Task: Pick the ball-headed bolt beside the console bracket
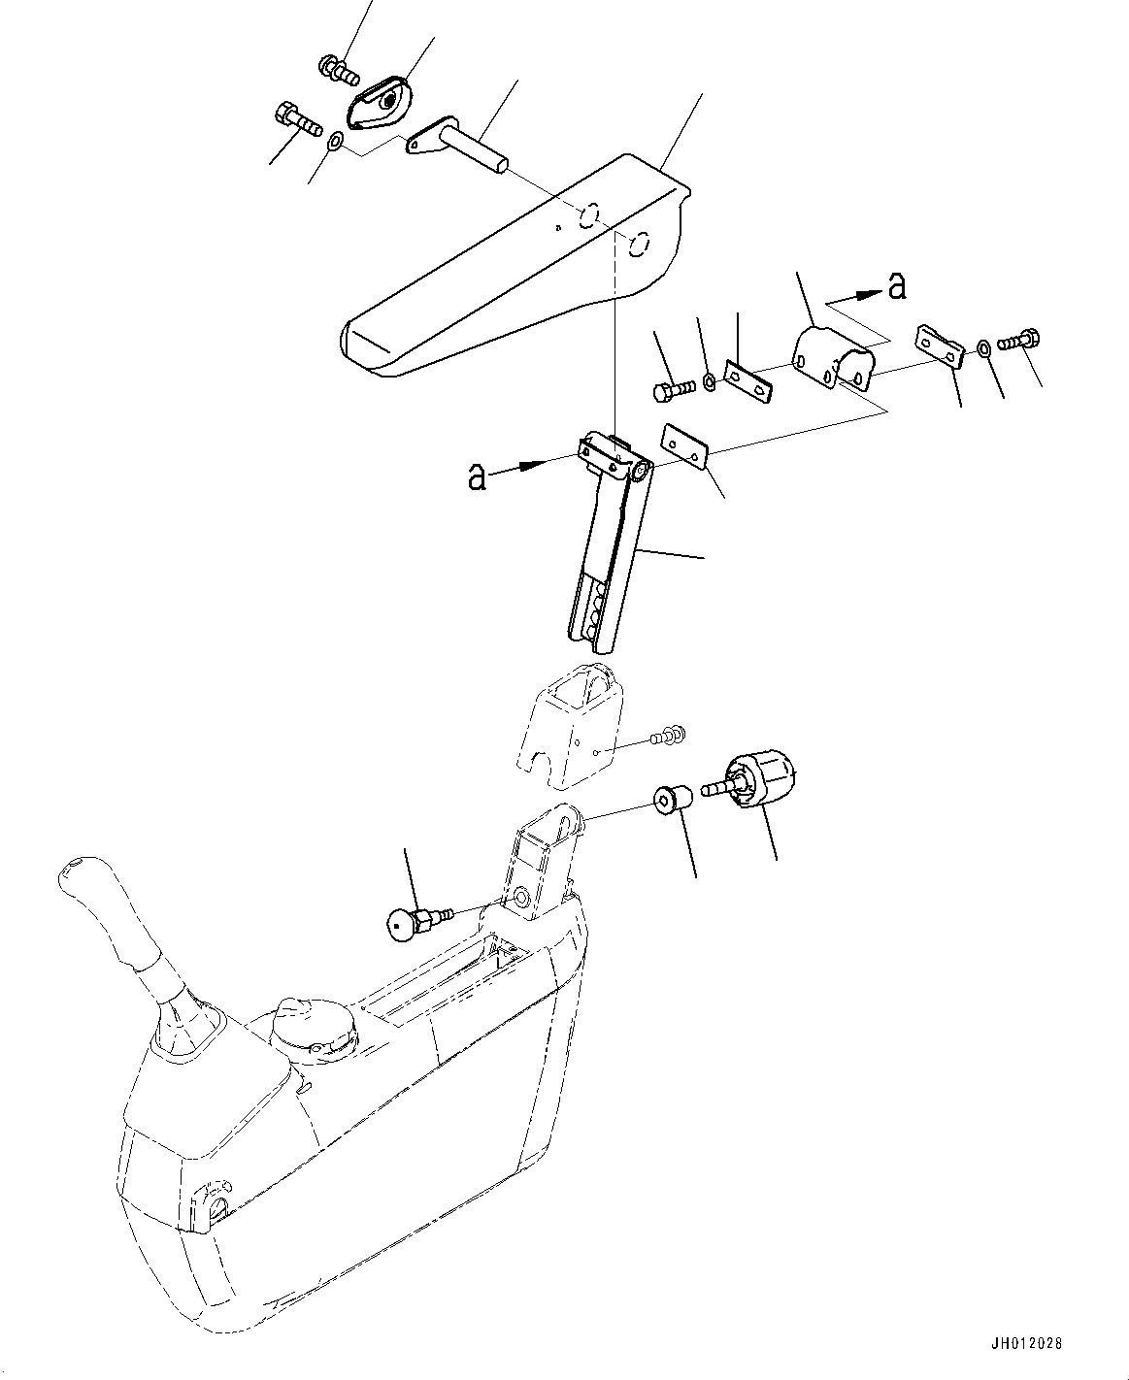tap(414, 922)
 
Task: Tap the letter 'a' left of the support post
tap(477, 476)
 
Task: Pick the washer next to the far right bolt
tap(984, 346)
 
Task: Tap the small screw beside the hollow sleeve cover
tap(668, 737)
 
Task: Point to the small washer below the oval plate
tap(334, 143)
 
